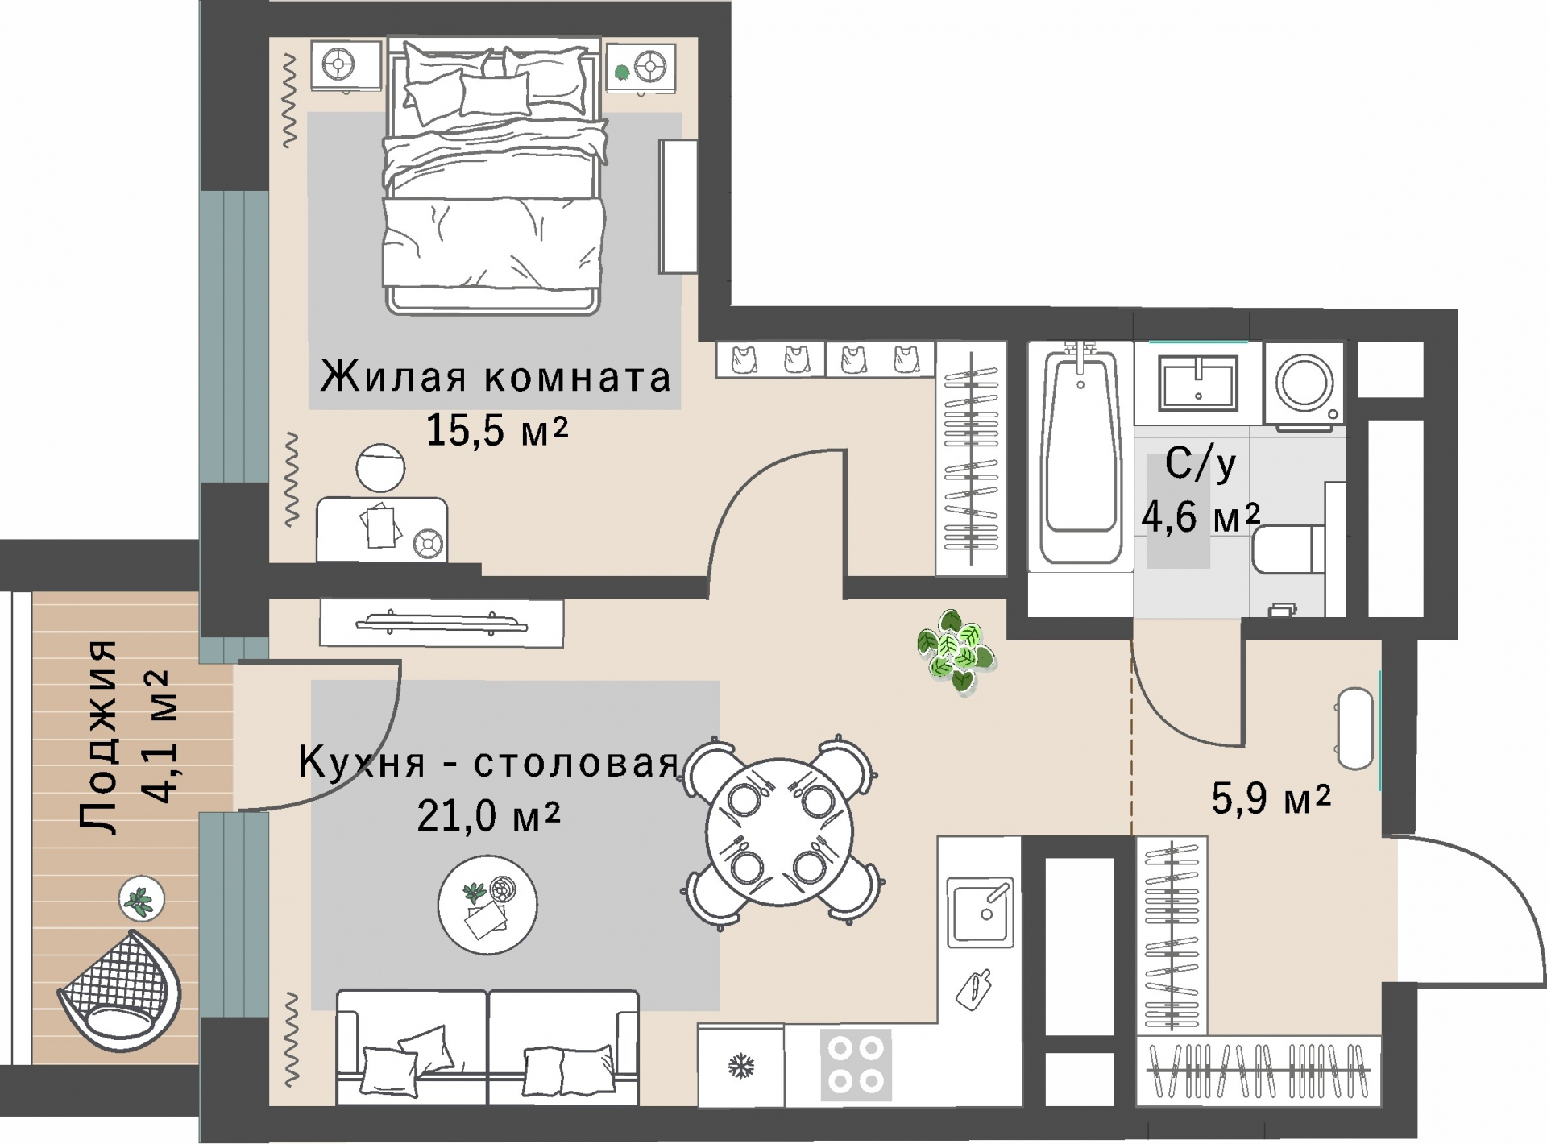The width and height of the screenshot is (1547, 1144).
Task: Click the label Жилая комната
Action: (496, 377)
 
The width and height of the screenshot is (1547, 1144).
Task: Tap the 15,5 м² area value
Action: (496, 430)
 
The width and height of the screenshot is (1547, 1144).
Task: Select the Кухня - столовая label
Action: (488, 762)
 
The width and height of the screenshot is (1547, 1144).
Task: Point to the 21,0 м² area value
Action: (488, 816)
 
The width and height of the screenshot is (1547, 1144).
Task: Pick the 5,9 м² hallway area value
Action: (1271, 798)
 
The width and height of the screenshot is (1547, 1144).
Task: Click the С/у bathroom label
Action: (1200, 464)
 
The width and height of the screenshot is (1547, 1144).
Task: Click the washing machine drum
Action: (1304, 383)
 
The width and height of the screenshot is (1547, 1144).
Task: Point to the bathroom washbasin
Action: (1197, 383)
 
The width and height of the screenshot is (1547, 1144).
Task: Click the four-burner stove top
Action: (856, 1064)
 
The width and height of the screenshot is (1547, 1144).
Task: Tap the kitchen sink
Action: (980, 911)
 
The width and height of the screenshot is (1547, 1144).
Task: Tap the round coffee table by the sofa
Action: (487, 904)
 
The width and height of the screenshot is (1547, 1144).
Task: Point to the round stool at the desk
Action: (380, 468)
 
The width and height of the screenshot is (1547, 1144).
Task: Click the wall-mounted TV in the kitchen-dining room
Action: (441, 623)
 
